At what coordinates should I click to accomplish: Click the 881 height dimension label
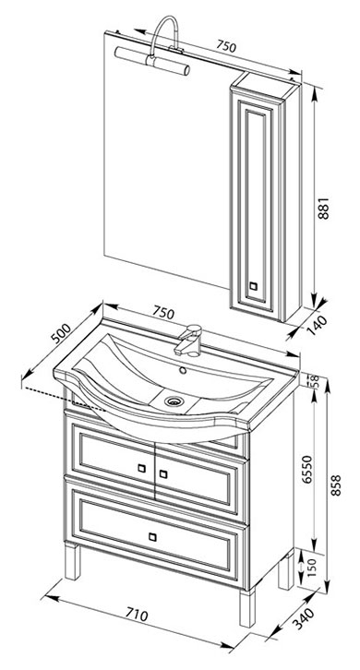[324, 208]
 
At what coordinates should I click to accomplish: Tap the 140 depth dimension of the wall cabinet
[317, 325]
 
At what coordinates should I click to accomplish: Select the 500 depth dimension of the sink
[60, 333]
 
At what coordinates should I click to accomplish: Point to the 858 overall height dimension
[336, 485]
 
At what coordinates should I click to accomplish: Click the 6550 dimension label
[308, 469]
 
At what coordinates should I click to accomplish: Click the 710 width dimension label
[137, 615]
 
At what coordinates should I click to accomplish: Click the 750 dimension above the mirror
[225, 46]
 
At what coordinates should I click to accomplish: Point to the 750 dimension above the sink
[163, 313]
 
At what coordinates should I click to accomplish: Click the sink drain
[174, 401]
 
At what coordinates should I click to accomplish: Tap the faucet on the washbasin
[188, 341]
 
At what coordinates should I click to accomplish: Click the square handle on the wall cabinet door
[253, 286]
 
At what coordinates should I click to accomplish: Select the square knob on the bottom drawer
[152, 537]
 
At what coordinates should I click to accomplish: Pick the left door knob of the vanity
[141, 468]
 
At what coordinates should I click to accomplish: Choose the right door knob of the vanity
[162, 473]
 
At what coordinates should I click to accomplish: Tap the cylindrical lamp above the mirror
[152, 61]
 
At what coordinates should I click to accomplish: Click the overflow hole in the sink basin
[184, 370]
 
